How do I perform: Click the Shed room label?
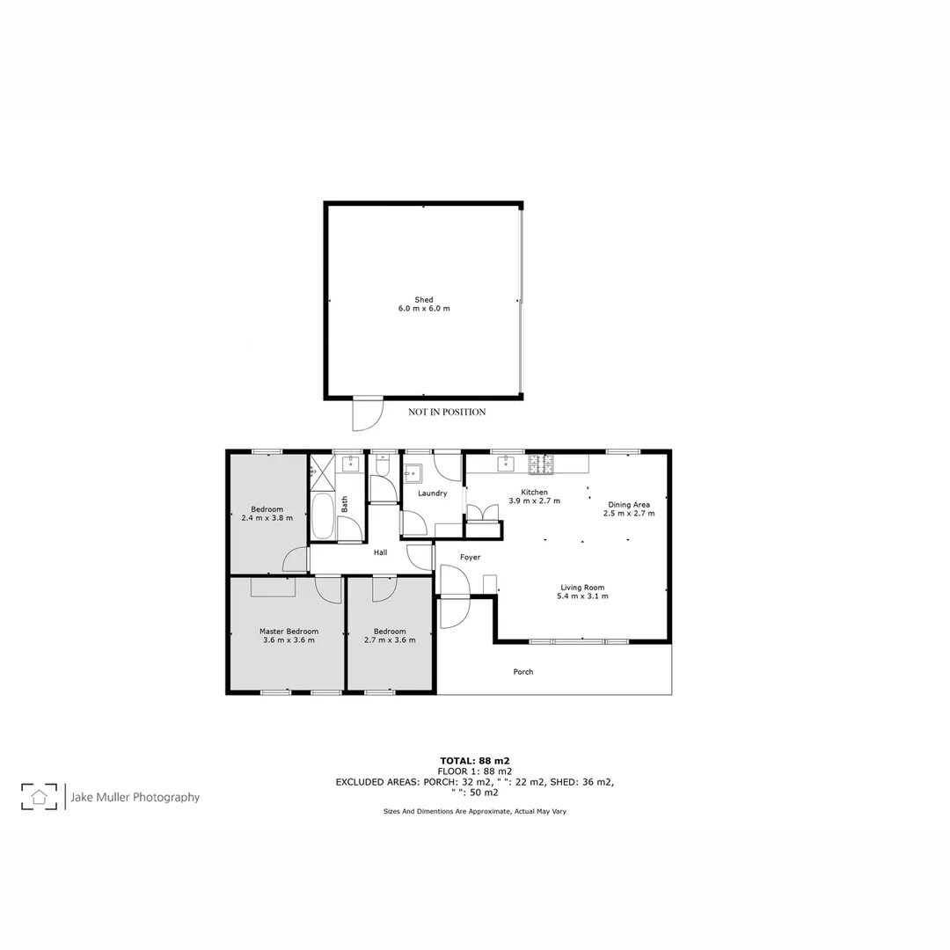424,300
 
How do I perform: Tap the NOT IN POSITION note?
447,412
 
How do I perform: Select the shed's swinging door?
367,413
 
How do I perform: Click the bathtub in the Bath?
322,516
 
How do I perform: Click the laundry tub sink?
413,473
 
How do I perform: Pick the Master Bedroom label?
289,631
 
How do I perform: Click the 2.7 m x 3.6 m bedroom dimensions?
390,640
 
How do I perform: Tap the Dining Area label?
629,504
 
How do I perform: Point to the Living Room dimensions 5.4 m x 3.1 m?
582,596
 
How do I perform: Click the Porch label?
523,672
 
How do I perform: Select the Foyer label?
470,557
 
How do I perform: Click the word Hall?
380,552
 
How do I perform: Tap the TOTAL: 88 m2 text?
475,760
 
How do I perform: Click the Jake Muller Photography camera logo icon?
40,797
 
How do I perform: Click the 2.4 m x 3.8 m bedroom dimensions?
267,518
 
